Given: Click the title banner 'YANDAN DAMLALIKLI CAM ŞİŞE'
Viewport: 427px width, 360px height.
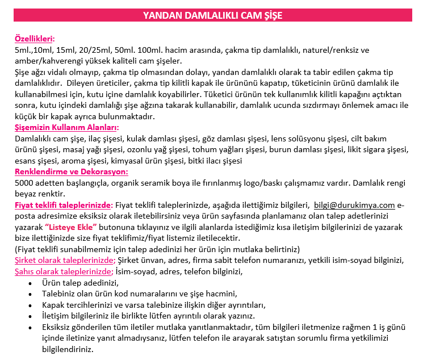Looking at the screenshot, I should click(x=213, y=15).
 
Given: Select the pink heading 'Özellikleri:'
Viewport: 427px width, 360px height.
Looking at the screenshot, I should click(x=35, y=39).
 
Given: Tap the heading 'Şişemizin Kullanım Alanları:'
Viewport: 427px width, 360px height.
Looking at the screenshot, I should click(x=66, y=127).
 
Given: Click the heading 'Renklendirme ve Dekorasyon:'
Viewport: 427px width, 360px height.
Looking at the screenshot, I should click(x=71, y=171).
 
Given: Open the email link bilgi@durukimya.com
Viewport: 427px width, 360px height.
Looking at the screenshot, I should click(x=354, y=205).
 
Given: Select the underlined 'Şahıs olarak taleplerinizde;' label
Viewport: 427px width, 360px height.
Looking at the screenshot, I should click(x=64, y=271).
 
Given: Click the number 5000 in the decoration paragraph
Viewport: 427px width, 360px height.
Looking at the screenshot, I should click(x=25, y=183).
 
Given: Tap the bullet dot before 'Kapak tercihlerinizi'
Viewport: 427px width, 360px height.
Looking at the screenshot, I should click(x=30, y=305).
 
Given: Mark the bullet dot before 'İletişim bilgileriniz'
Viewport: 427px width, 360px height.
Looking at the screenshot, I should click(x=30, y=316).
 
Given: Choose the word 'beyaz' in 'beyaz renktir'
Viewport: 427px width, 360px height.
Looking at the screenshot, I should click(x=27, y=194).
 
